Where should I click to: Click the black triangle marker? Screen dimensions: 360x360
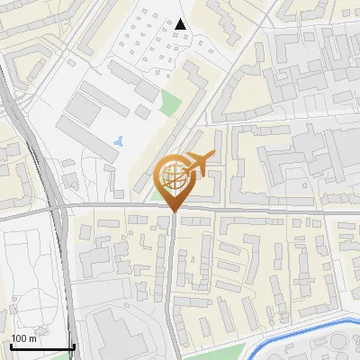[x=181, y=24]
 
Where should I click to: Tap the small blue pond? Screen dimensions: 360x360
[x=121, y=141]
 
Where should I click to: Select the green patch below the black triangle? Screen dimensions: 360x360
[x=168, y=103]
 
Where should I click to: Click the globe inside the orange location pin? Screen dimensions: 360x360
[x=174, y=175]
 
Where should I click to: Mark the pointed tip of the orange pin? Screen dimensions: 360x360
[x=174, y=212]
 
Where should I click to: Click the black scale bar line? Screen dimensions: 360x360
[x=41, y=347]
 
